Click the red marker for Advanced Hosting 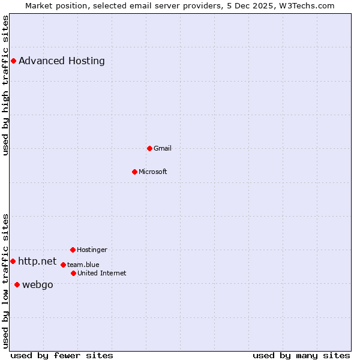tap(13, 61)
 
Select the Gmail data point tap(149, 148)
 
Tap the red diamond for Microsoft tap(134, 172)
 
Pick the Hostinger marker tap(73, 250)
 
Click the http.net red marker tap(13, 261)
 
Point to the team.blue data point tap(63, 265)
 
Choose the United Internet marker tap(73, 273)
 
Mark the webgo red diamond tap(17, 284)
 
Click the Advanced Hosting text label tap(62, 61)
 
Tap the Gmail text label tap(163, 148)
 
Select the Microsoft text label tap(153, 172)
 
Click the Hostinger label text tap(92, 250)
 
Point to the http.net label tap(37, 261)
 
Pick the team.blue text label tap(83, 265)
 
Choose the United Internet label tap(102, 273)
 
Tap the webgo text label tap(38, 284)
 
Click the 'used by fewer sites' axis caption tap(62, 355)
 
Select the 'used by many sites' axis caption tap(301, 355)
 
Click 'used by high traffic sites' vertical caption tap(5, 86)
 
